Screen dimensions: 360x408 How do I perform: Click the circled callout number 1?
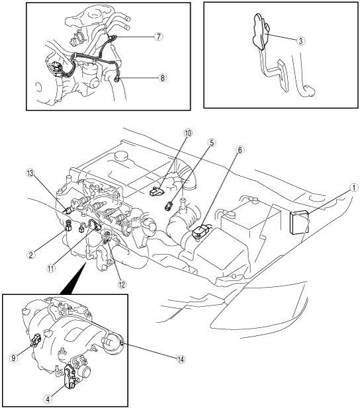[353, 188]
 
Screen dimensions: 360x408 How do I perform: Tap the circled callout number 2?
[31, 255]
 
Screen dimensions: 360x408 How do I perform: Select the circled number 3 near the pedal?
[300, 41]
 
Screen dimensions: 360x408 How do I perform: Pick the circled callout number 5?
[212, 143]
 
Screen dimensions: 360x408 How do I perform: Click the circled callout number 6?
[240, 150]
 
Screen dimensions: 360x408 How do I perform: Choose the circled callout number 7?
[158, 36]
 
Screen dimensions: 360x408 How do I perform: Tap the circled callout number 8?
[162, 77]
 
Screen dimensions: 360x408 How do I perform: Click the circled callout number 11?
[51, 268]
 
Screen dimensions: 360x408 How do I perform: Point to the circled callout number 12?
[121, 284]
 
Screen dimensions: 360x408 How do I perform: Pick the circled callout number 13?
[30, 173]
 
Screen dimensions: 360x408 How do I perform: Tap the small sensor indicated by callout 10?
[156, 192]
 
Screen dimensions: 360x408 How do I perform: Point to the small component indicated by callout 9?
[36, 341]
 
